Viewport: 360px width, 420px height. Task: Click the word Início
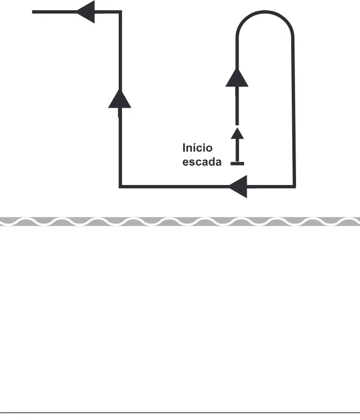click(x=198, y=147)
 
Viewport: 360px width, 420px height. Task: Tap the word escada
click(x=202, y=162)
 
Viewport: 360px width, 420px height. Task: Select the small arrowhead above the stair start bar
click(x=237, y=133)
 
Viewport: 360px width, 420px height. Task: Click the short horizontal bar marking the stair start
click(x=237, y=163)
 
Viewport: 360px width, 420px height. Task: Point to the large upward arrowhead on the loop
click(x=237, y=77)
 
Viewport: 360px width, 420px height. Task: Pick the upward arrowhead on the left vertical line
click(x=120, y=99)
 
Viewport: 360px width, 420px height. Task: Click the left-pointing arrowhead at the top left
click(x=85, y=12)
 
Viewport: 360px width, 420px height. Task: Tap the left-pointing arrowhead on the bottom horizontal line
click(x=238, y=187)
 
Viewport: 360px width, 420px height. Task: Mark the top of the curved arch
click(x=265, y=12)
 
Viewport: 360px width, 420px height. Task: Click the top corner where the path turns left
click(x=120, y=12)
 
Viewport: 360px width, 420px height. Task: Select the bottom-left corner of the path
click(x=120, y=187)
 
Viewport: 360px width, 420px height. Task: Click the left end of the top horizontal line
click(x=32, y=12)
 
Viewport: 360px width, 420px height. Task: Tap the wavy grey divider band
click(x=180, y=222)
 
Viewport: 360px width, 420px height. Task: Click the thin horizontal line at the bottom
click(x=180, y=413)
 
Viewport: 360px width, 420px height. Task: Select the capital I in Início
click(x=184, y=147)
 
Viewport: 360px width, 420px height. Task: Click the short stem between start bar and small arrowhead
click(x=237, y=150)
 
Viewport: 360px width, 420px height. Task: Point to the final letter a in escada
click(x=218, y=162)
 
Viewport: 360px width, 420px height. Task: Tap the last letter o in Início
click(x=210, y=149)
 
